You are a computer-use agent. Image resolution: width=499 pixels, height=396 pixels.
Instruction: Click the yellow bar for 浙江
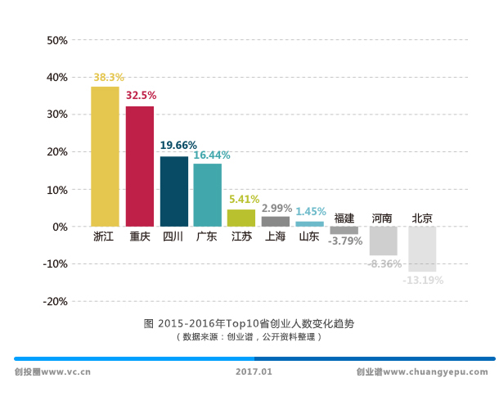point(105,155)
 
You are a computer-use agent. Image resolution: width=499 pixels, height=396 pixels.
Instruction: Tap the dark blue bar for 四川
point(173,191)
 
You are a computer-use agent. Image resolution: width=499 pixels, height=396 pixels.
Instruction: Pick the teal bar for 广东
point(207,195)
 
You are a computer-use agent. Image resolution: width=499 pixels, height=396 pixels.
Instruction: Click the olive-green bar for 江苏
point(241,218)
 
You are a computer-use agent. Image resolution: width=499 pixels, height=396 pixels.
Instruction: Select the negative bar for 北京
point(422,249)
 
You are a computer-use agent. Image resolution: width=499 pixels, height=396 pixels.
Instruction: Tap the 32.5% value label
point(141,96)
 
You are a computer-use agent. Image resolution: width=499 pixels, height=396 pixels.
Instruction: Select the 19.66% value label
point(178,145)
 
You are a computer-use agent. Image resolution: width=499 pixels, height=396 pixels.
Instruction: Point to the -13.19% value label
point(423,280)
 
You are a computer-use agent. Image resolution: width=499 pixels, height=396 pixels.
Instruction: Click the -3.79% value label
point(344,241)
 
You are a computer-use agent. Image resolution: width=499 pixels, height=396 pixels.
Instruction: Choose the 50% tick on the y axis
point(56,40)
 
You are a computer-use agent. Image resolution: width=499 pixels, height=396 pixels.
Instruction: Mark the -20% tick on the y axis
point(55,301)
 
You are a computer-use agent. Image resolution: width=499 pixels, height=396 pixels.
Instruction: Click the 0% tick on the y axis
point(60,227)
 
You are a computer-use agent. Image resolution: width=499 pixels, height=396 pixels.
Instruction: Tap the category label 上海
point(275,237)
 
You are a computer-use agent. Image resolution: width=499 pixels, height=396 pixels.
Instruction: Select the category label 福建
point(344,218)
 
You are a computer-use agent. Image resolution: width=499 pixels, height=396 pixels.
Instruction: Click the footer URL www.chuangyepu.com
point(435,371)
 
